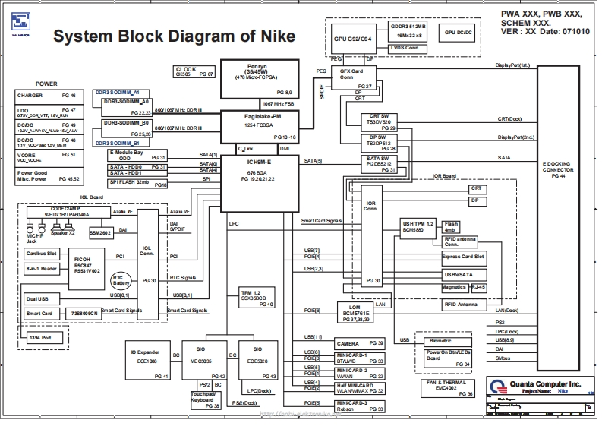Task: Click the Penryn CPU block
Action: tap(256, 78)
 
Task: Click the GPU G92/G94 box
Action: tap(354, 39)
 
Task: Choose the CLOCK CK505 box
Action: tap(195, 72)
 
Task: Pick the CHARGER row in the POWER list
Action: tap(46, 96)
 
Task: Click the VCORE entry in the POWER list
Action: tap(46, 156)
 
